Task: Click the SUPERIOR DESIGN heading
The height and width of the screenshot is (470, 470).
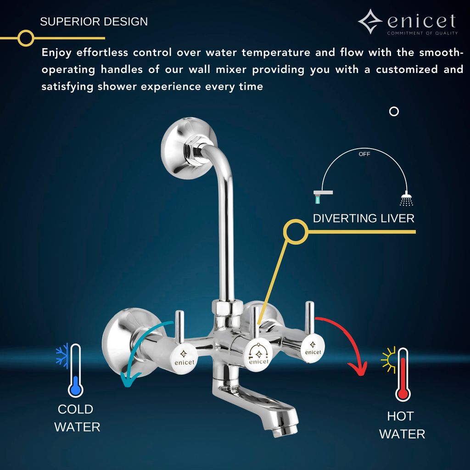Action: click(x=94, y=22)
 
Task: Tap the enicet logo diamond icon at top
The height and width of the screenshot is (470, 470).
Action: click(x=370, y=22)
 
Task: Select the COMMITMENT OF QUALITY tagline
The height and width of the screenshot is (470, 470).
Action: click(x=422, y=33)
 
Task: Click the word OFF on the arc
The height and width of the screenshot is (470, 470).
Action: click(x=364, y=154)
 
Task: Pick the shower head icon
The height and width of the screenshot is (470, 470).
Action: click(x=406, y=199)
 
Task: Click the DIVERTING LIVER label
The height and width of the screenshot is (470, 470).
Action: click(x=364, y=218)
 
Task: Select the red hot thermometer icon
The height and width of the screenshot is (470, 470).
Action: click(x=403, y=375)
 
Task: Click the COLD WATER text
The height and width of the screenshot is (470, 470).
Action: click(x=77, y=418)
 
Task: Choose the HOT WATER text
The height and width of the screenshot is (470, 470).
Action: click(x=402, y=425)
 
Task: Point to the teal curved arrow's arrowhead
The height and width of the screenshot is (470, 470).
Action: click(x=128, y=379)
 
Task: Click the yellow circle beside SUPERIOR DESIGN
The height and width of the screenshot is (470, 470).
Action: click(x=26, y=38)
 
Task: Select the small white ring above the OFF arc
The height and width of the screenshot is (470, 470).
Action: click(x=394, y=112)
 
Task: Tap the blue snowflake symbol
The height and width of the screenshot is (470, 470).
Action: click(x=62, y=354)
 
